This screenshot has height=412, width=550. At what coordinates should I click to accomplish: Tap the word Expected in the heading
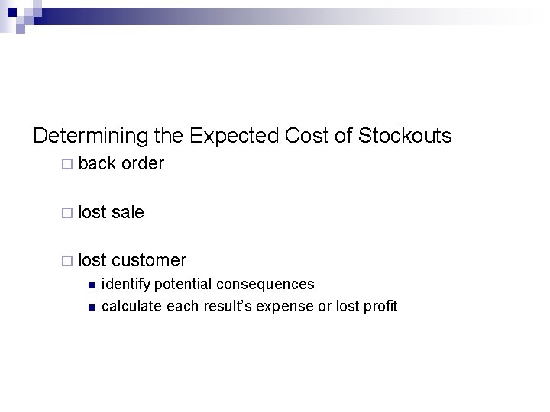234,137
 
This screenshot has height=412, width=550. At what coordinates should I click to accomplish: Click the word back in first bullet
97,164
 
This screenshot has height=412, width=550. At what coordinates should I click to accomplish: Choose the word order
143,164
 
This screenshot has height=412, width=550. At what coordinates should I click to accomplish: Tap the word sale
128,212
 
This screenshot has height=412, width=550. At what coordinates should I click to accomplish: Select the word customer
149,261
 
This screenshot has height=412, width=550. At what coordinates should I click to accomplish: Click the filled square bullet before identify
90,285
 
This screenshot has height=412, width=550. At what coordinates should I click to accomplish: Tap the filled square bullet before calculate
90,307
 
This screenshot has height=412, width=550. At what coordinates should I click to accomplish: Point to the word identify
126,285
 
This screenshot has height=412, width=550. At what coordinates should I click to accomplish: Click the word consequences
265,285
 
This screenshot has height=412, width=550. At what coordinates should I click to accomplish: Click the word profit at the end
380,307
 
